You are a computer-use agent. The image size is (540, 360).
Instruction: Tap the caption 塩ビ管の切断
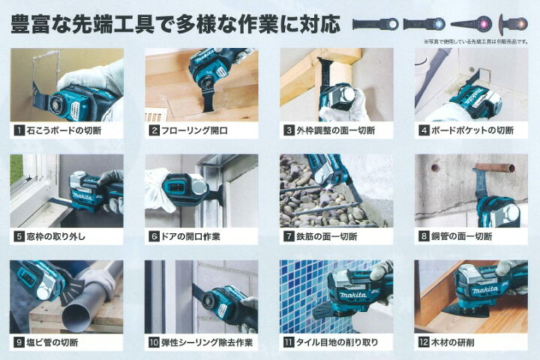(52, 342)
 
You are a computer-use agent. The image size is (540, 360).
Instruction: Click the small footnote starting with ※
(477, 42)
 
